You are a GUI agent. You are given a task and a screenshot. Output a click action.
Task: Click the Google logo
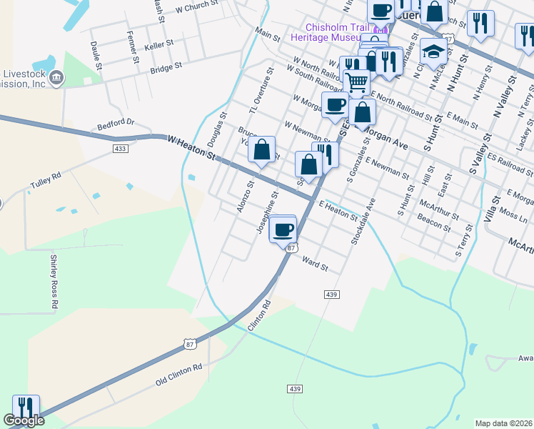(24, 421)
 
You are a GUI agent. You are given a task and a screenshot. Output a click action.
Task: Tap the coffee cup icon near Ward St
(283, 230)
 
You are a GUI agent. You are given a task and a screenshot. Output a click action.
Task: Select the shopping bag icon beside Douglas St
(262, 150)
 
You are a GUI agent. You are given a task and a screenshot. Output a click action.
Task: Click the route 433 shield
(120, 148)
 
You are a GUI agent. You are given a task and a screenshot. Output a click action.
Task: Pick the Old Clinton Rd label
(179, 375)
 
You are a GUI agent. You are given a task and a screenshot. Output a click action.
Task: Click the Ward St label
(315, 264)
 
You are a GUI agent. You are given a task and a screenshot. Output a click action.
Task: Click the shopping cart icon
(357, 82)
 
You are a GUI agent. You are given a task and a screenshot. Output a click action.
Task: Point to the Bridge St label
(166, 68)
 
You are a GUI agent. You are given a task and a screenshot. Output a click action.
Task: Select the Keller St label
(159, 45)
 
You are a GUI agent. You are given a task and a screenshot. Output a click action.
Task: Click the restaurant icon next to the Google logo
(26, 408)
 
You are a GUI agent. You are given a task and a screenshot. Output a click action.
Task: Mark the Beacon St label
(434, 222)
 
